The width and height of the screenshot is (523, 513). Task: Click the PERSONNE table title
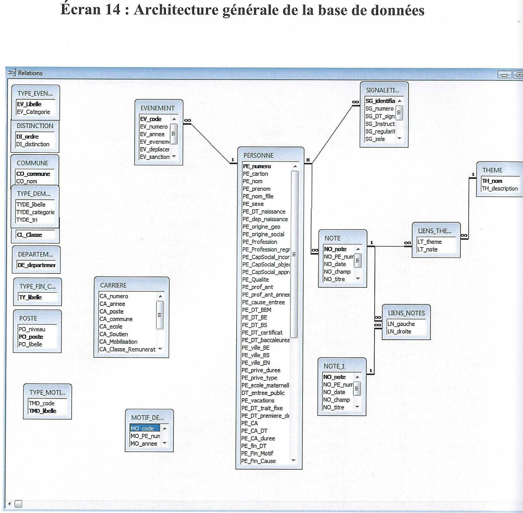pyautogui.click(x=258, y=156)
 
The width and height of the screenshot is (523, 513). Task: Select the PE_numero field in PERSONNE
pyautogui.click(x=256, y=166)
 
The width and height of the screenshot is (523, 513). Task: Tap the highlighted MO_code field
pyautogui.click(x=142, y=428)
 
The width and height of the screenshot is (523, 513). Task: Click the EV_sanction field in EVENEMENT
pyautogui.click(x=155, y=157)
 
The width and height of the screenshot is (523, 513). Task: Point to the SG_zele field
pyautogui.click(x=375, y=139)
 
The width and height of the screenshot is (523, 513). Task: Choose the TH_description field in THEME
pyautogui.click(x=499, y=189)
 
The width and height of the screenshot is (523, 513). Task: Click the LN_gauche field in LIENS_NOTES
pyautogui.click(x=401, y=324)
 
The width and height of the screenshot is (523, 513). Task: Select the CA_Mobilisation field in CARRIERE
pyautogui.click(x=118, y=342)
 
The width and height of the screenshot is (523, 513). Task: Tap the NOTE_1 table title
pyautogui.click(x=334, y=366)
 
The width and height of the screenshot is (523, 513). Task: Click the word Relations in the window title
pyautogui.click(x=30, y=73)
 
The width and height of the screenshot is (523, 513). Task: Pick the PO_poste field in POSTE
pyautogui.click(x=31, y=337)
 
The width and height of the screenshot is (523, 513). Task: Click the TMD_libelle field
pyautogui.click(x=42, y=411)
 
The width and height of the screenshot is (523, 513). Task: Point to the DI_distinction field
pyautogui.click(x=33, y=144)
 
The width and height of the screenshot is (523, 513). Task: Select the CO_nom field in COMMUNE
pyautogui.click(x=26, y=181)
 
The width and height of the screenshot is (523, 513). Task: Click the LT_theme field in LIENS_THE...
pyautogui.click(x=429, y=242)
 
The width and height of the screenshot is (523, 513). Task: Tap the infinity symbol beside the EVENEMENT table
pyautogui.click(x=188, y=120)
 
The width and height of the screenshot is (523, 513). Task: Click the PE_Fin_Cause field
pyautogui.click(x=258, y=461)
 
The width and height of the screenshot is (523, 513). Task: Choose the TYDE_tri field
pyautogui.click(x=27, y=220)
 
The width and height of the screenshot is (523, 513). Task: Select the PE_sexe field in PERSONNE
pyautogui.click(x=253, y=204)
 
